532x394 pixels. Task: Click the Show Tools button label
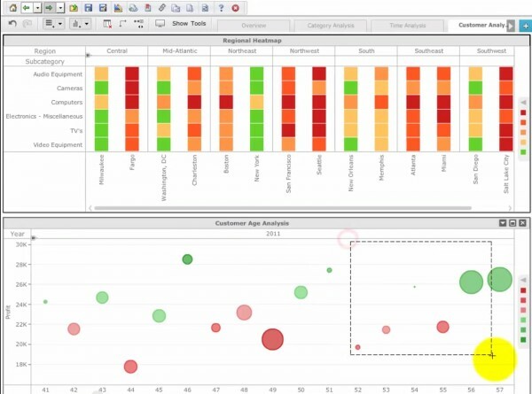tap(189, 24)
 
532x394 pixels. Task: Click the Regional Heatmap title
tap(265, 41)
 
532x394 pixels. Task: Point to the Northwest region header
tap(303, 51)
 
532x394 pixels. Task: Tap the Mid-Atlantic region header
tap(179, 51)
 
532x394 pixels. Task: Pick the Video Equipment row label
tap(58, 144)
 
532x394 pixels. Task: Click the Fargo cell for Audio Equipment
tap(132, 73)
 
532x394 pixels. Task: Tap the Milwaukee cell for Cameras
tap(101, 88)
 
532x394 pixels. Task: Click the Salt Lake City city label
tap(506, 174)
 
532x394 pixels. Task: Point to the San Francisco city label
tap(288, 174)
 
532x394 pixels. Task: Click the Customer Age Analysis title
tap(265, 223)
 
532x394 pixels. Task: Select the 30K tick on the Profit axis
tap(21, 244)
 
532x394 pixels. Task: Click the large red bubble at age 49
tap(272, 339)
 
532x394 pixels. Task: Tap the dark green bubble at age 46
tap(187, 259)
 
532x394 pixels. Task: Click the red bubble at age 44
tap(130, 367)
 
